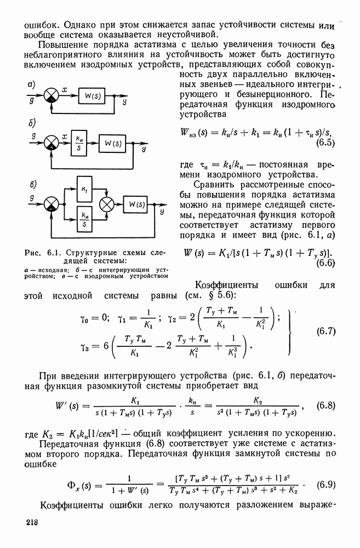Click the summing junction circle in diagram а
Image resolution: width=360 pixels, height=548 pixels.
click(52, 96)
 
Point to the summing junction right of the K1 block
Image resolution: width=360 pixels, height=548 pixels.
click(106, 205)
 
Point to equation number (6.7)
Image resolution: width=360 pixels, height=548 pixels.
click(327, 331)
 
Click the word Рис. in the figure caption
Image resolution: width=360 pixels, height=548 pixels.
click(35, 253)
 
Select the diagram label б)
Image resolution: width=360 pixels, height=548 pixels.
click(31, 124)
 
